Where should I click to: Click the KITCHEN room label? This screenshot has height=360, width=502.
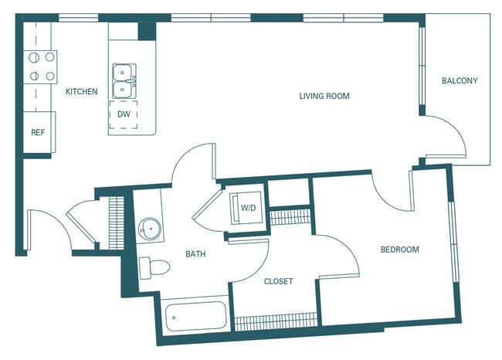pyautogui.click(x=81, y=92)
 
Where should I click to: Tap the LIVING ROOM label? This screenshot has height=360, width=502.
pyautogui.click(x=324, y=97)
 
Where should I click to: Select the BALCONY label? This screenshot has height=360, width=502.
pyautogui.click(x=460, y=81)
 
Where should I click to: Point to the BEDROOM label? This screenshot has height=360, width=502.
pyautogui.click(x=399, y=250)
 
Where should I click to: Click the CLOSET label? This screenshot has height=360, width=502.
pyautogui.click(x=278, y=281)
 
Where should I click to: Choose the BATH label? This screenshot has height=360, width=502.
pyautogui.click(x=195, y=253)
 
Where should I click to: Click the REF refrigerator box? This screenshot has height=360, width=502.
pyautogui.click(x=37, y=132)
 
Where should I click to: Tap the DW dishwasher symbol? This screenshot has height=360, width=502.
pyautogui.click(x=124, y=114)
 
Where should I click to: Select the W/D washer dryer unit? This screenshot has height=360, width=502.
pyautogui.click(x=248, y=208)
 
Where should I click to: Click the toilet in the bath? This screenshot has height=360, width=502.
pyautogui.click(x=157, y=268)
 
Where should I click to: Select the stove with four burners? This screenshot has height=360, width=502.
pyautogui.click(x=41, y=66)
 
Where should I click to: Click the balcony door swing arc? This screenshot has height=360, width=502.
pyautogui.click(x=448, y=139)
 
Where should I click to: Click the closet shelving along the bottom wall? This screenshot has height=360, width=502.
pyautogui.click(x=276, y=321)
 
